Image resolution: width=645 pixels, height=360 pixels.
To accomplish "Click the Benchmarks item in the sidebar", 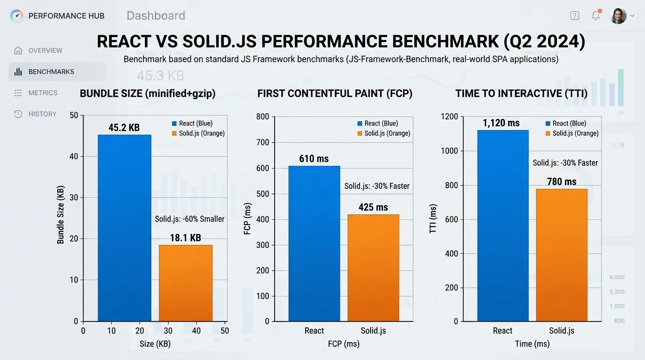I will pyautogui.click(x=51, y=72).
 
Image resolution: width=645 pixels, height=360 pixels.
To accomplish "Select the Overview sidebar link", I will pyautogui.click(x=45, y=51).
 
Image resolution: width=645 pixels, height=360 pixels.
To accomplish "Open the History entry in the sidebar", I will pyautogui.click(x=42, y=114).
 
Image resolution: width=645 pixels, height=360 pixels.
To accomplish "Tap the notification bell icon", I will pyautogui.click(x=596, y=15).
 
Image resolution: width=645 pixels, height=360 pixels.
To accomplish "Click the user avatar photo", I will pyautogui.click(x=618, y=16).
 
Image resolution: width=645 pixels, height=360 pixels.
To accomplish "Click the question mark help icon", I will pyautogui.click(x=575, y=15).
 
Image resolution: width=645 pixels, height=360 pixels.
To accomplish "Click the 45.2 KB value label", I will pyautogui.click(x=124, y=127).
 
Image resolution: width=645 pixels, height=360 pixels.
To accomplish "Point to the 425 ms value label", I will pyautogui.click(x=373, y=207).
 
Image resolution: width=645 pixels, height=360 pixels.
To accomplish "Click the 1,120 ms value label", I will pyautogui.click(x=501, y=123).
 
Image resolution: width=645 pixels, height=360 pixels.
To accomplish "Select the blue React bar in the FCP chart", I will pyautogui.click(x=314, y=244).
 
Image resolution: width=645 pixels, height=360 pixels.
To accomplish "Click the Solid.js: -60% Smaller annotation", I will pyautogui.click(x=189, y=219).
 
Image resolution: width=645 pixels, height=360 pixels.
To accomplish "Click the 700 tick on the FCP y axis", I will pyautogui.click(x=262, y=142).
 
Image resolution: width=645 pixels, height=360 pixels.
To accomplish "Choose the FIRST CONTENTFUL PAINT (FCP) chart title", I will pyautogui.click(x=335, y=93).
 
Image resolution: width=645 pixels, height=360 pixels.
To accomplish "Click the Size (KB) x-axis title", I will pyautogui.click(x=155, y=344).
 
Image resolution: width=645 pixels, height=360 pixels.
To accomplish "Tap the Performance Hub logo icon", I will pyautogui.click(x=16, y=16).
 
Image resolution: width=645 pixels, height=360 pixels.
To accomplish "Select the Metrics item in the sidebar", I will pyautogui.click(x=43, y=93).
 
